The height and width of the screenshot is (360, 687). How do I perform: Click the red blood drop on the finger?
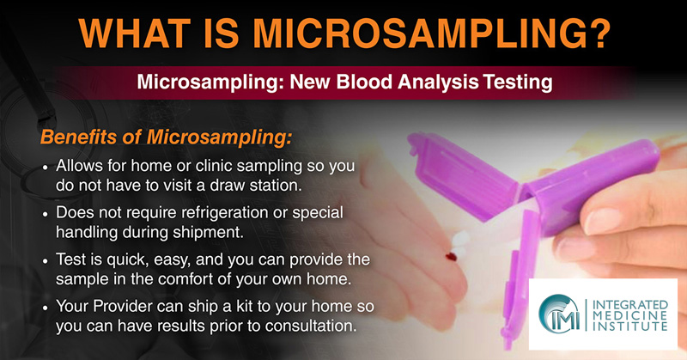tap(451, 257)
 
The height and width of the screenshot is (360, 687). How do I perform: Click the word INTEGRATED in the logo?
tap(630, 305)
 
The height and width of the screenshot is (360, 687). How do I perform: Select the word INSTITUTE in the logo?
tap(630, 326)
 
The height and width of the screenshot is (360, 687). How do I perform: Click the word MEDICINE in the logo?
tap(630, 315)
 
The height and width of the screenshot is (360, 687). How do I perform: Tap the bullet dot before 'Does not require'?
tap(46, 215)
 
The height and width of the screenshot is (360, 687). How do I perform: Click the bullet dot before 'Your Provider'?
tap(46, 308)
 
